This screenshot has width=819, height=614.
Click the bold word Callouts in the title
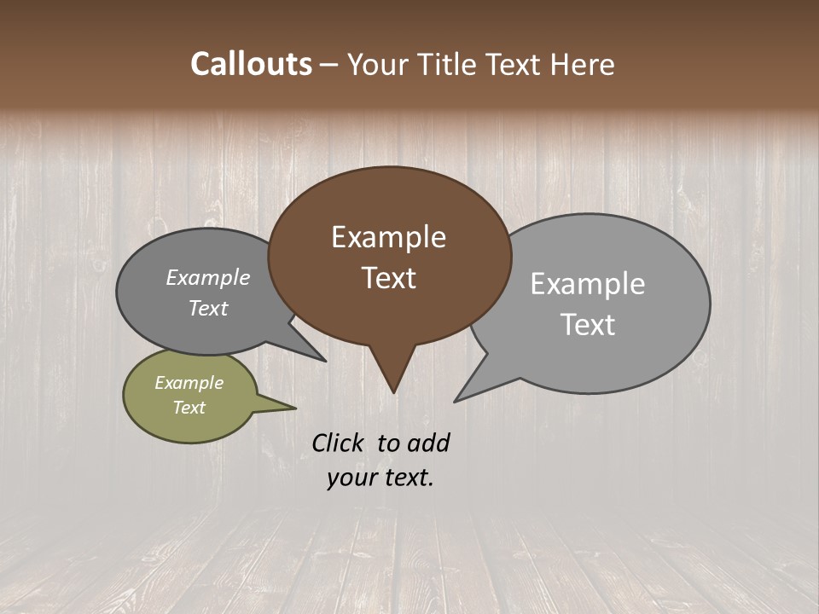tap(251, 64)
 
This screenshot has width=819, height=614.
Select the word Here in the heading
tap(583, 64)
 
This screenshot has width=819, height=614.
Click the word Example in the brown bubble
tap(388, 237)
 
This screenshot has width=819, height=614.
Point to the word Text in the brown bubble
tap(388, 277)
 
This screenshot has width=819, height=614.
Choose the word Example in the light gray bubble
tap(587, 284)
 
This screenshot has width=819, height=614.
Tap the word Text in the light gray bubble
tap(588, 324)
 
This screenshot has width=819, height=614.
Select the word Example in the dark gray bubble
tap(208, 277)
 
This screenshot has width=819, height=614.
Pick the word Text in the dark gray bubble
tap(208, 308)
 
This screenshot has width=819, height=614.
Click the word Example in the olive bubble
tap(189, 383)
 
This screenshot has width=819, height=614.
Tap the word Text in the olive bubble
tap(189, 408)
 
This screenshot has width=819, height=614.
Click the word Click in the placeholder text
tap(339, 443)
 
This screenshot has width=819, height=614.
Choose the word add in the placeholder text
tap(427, 443)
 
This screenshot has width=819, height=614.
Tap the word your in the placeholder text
tap(351, 478)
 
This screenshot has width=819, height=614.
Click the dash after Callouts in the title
tap(329, 64)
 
